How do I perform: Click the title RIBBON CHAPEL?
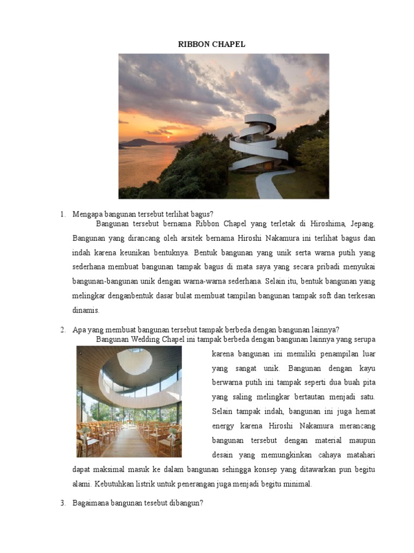211,44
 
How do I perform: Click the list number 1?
63,214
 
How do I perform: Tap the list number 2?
63,329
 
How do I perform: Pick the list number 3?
63,503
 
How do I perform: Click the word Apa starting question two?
79,329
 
